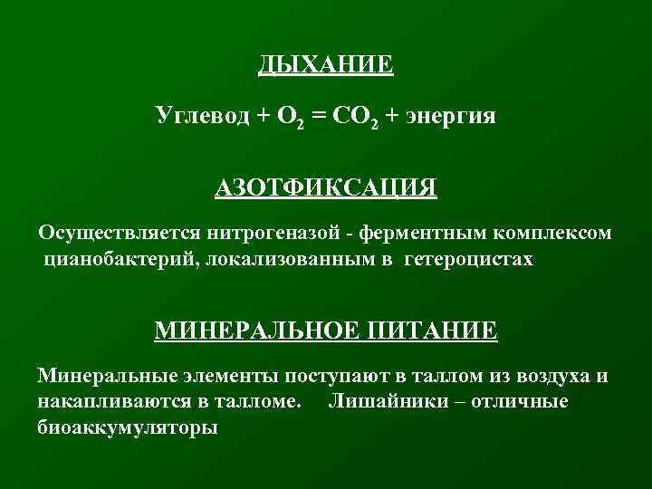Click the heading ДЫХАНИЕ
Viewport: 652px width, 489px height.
[326, 65]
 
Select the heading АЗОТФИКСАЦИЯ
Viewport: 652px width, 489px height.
[326, 188]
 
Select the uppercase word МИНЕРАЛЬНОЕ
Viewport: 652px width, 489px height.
[258, 329]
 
